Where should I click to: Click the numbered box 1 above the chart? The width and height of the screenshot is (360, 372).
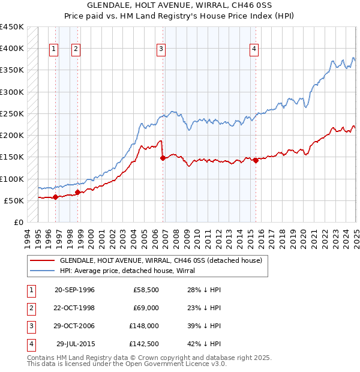(54, 49)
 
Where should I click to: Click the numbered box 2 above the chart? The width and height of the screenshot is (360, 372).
(76, 49)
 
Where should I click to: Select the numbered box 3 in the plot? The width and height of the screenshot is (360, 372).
(161, 49)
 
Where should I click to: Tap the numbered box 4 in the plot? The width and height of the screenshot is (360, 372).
(254, 49)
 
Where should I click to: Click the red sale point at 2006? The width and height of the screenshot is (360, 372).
(163, 158)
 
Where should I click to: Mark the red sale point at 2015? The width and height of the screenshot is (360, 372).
(256, 160)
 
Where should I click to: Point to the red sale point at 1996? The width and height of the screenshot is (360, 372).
(55, 197)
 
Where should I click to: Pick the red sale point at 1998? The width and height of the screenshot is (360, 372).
(77, 192)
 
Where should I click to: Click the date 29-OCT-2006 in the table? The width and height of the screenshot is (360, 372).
(74, 326)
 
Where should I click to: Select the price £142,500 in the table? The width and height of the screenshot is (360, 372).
(143, 344)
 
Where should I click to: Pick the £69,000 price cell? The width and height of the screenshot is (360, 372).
(145, 308)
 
